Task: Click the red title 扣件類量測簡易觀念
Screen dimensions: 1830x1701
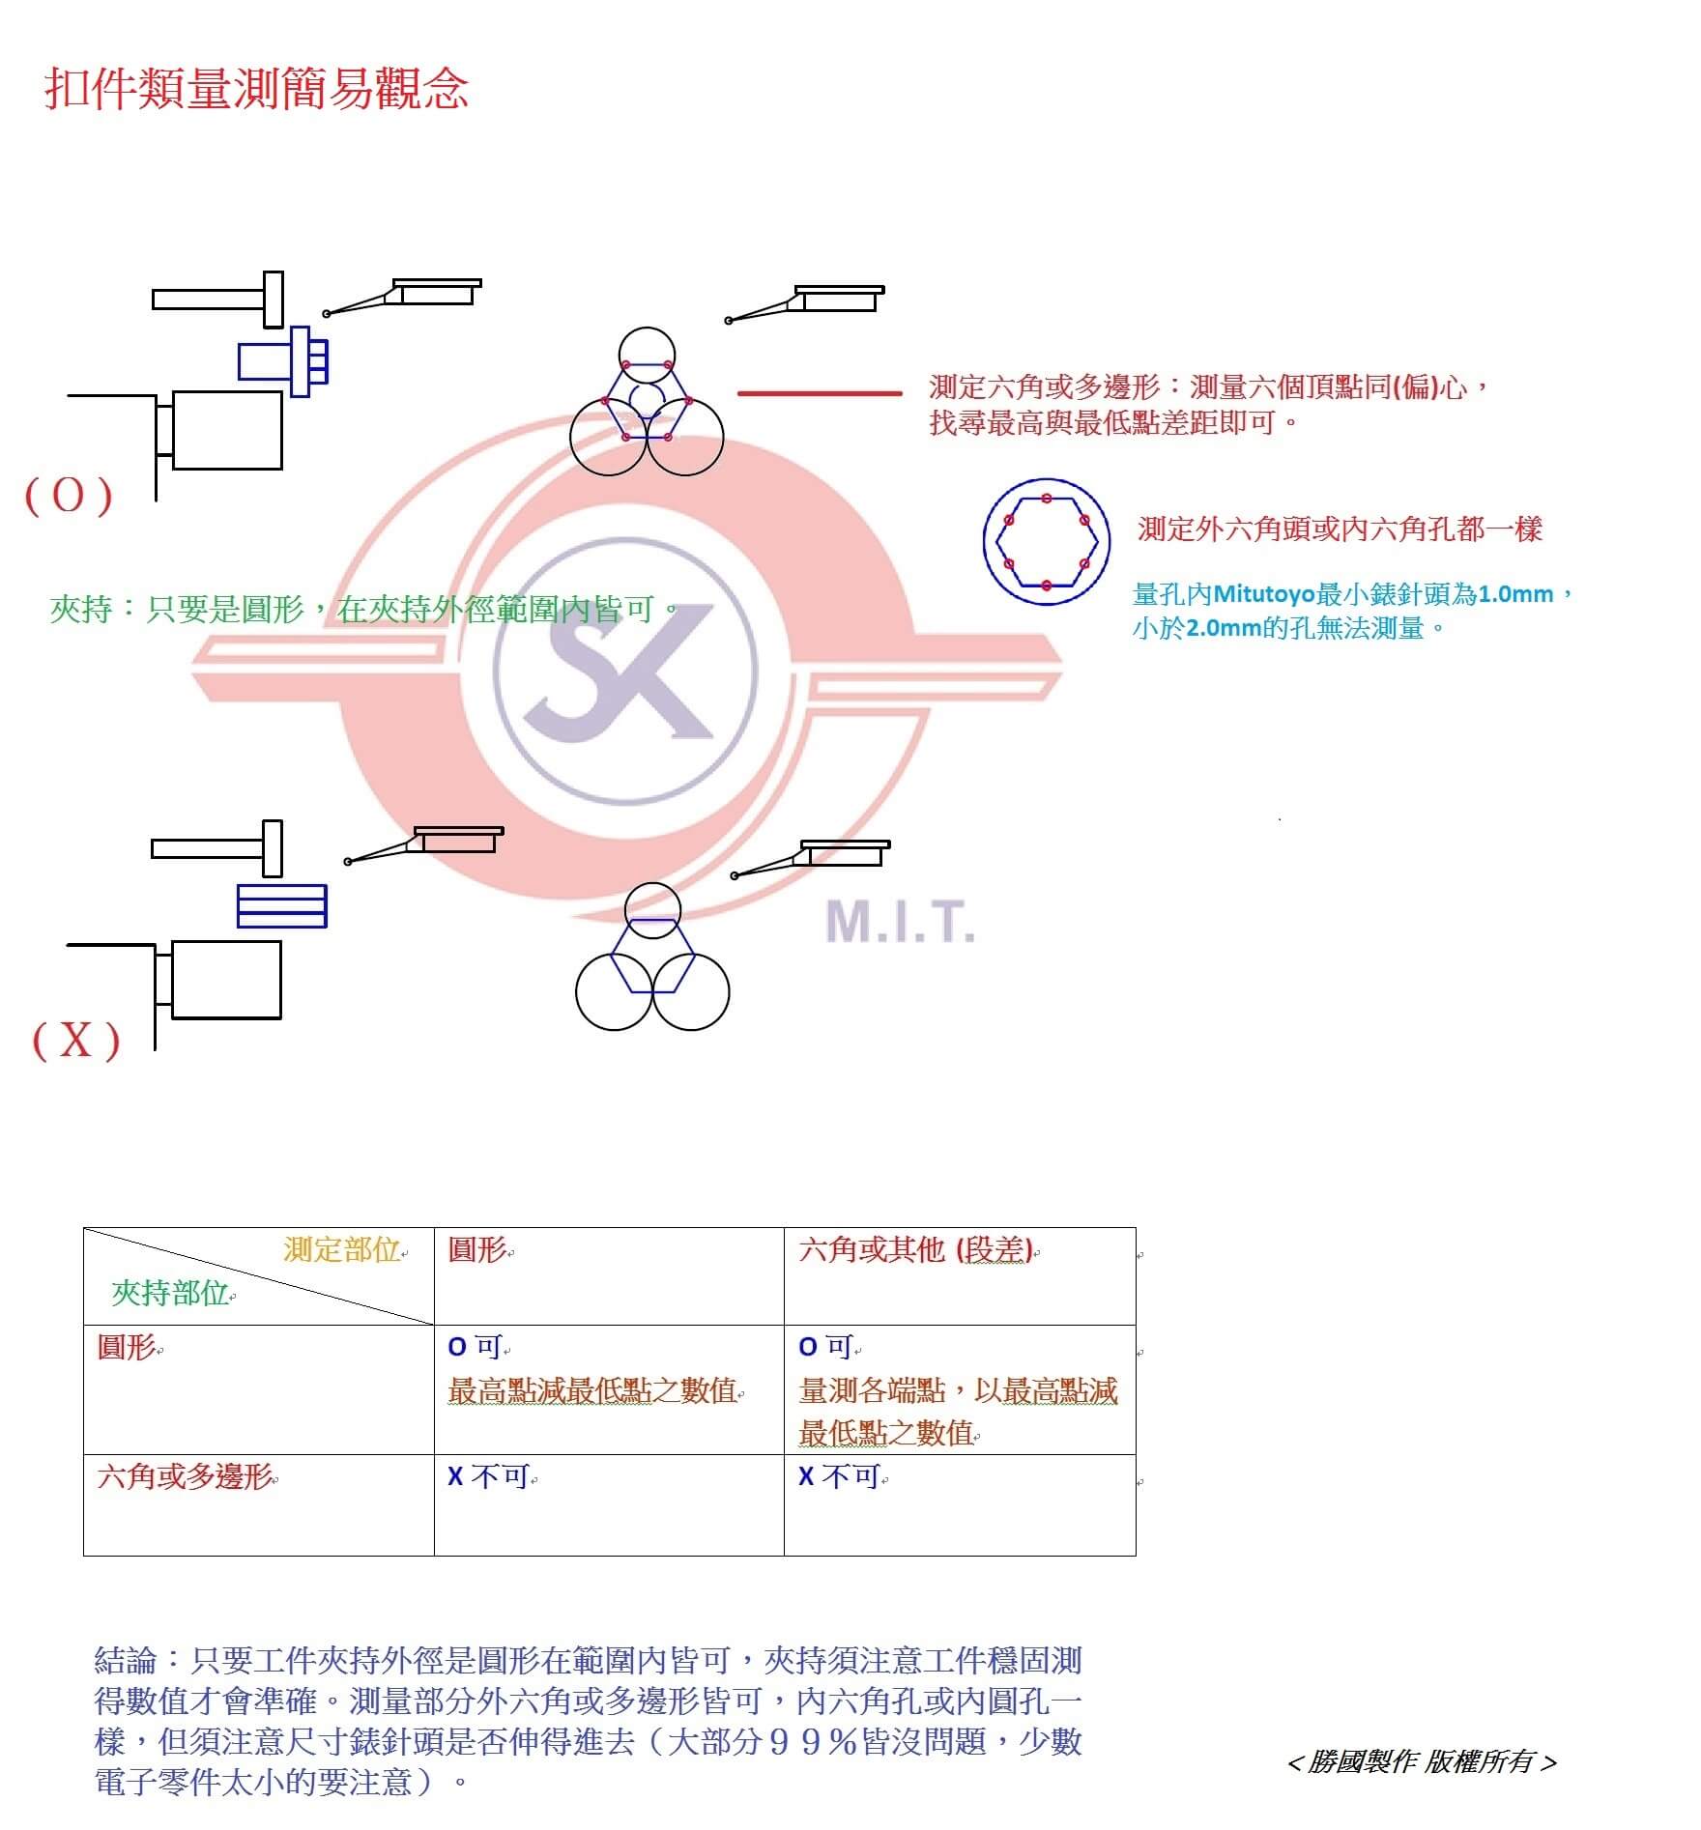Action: [x=256, y=90]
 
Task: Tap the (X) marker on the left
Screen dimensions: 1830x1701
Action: [x=76, y=1041]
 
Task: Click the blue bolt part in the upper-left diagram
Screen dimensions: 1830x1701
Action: [x=283, y=361]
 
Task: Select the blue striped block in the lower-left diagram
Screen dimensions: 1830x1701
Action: [x=282, y=906]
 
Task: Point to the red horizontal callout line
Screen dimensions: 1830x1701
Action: [x=820, y=393]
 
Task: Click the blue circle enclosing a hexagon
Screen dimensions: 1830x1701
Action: [x=1047, y=541]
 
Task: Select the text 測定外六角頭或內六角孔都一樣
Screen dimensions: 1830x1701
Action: [x=1340, y=529]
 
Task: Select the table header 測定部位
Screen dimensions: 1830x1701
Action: [x=342, y=1250]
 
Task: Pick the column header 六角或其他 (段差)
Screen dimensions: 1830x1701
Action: [x=916, y=1250]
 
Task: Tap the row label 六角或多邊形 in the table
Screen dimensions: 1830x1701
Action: [x=185, y=1477]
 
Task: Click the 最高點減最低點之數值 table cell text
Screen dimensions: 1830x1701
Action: [x=593, y=1391]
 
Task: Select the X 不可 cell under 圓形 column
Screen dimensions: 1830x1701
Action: [x=489, y=1476]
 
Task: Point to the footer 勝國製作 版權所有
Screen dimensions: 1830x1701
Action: [x=1422, y=1762]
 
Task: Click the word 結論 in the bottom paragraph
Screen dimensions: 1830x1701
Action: [x=126, y=1660]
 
